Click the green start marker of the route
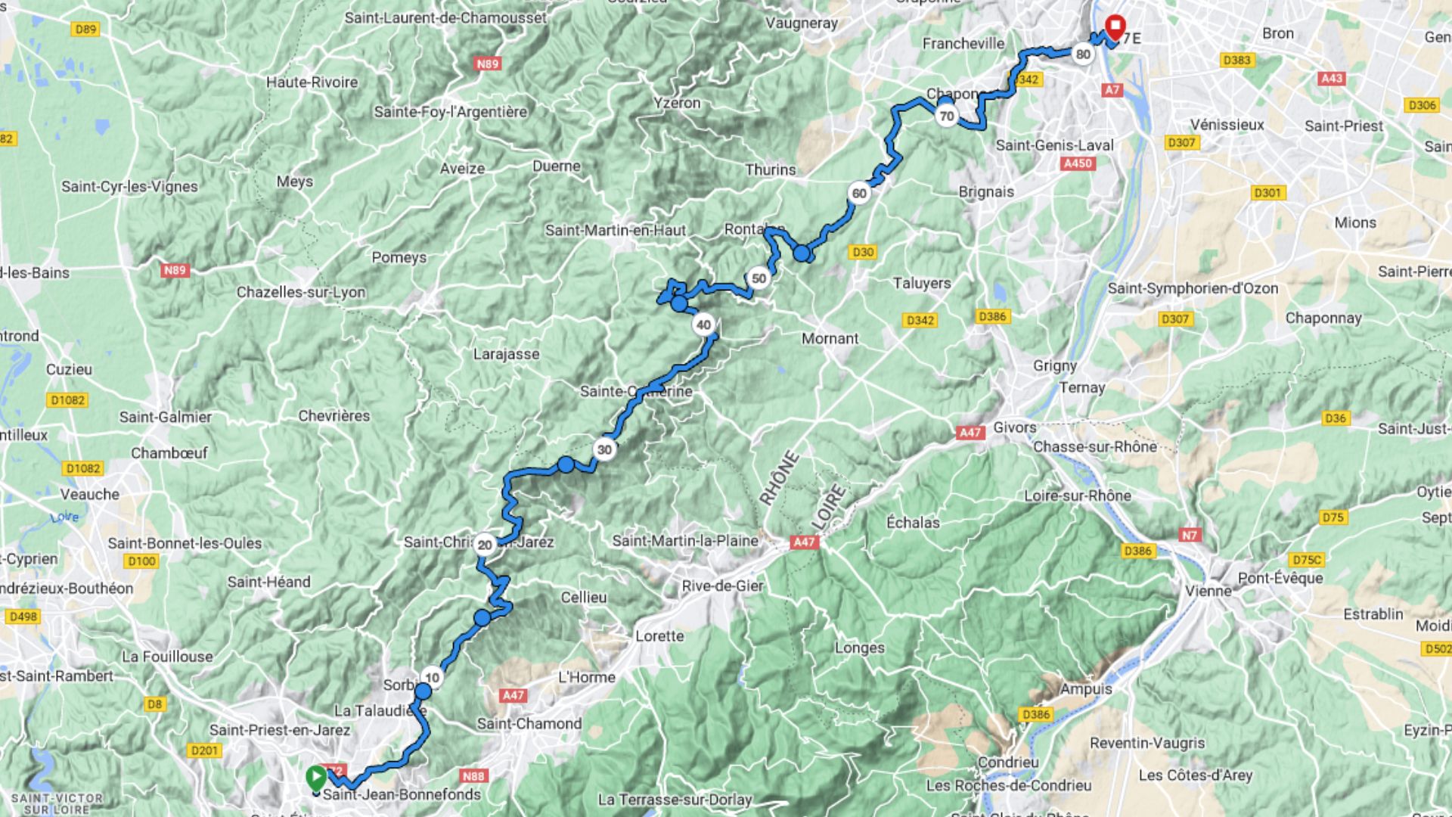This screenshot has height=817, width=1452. tap(315, 777)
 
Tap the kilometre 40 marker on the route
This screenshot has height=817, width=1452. tap(703, 325)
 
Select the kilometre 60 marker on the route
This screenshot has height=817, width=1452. tap(859, 193)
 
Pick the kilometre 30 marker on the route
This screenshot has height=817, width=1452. tap(604, 449)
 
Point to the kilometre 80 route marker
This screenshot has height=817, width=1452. tap(1083, 54)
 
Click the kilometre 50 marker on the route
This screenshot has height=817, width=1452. tap(759, 278)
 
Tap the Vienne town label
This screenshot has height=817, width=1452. tap(1208, 591)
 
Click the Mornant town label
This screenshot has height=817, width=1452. tap(830, 338)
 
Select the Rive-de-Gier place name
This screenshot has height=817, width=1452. tap(722, 586)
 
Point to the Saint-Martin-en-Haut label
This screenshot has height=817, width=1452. tap(615, 230)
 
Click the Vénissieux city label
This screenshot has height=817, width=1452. tap(1227, 124)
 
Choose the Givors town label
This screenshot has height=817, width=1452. tap(1014, 427)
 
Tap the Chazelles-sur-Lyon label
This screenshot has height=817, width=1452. tap(301, 292)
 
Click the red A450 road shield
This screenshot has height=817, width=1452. tap(1077, 163)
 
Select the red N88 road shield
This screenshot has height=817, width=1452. tap(473, 775)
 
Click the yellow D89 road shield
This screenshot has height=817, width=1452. tap(85, 30)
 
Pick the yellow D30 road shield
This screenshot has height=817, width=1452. tap(862, 252)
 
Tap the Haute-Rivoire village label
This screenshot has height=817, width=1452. tap(312, 82)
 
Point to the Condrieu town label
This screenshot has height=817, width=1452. tap(1008, 762)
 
